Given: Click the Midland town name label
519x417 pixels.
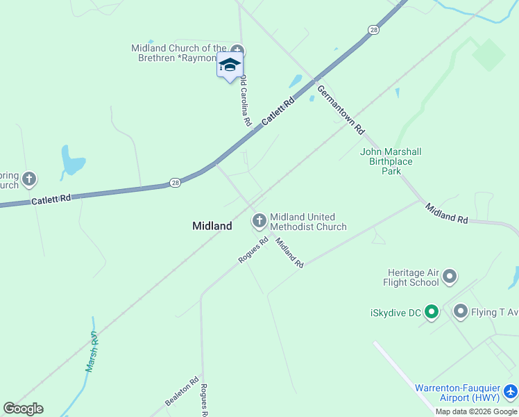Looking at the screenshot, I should [x=212, y=226].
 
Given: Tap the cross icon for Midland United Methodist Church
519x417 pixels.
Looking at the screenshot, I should [x=259, y=222].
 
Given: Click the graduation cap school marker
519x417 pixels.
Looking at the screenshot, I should [x=230, y=65].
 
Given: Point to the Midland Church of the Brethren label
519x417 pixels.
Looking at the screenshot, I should [x=179, y=53].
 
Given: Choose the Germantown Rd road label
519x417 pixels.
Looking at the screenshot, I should [x=340, y=110].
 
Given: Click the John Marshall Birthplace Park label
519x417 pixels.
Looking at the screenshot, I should [x=391, y=161].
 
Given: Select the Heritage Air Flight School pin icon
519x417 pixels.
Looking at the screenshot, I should [x=450, y=277].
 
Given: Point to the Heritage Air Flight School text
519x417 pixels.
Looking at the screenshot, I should [x=411, y=277].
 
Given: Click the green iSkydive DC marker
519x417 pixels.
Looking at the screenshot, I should [x=432, y=313].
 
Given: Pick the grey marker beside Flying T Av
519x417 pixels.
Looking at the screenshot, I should [x=461, y=311].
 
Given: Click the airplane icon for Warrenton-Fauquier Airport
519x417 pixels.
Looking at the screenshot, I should [x=511, y=393].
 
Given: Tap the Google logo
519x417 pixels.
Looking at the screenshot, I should [x=23, y=409].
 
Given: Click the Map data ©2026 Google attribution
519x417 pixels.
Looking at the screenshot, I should [x=476, y=411].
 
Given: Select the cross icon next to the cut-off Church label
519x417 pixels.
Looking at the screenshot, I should [x=28, y=179].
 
